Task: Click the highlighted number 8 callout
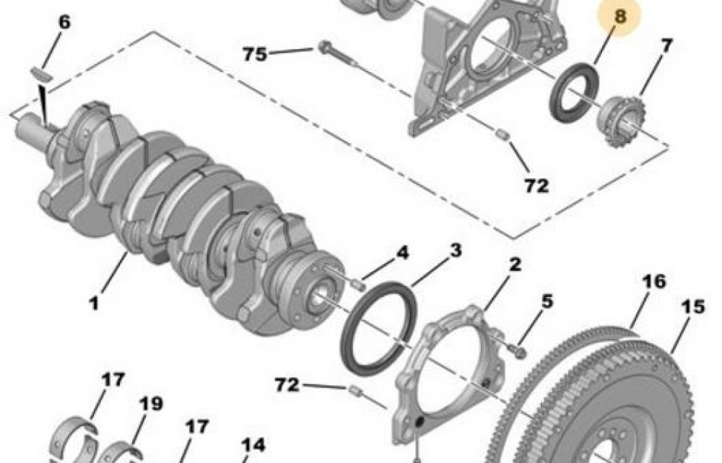(x=619, y=17)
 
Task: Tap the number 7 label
(x=666, y=46)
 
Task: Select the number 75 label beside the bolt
(x=255, y=54)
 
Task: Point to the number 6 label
(x=64, y=22)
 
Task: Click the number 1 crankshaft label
(x=94, y=304)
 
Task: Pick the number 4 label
(x=402, y=253)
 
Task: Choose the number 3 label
(x=455, y=251)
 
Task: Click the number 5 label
(x=547, y=302)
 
